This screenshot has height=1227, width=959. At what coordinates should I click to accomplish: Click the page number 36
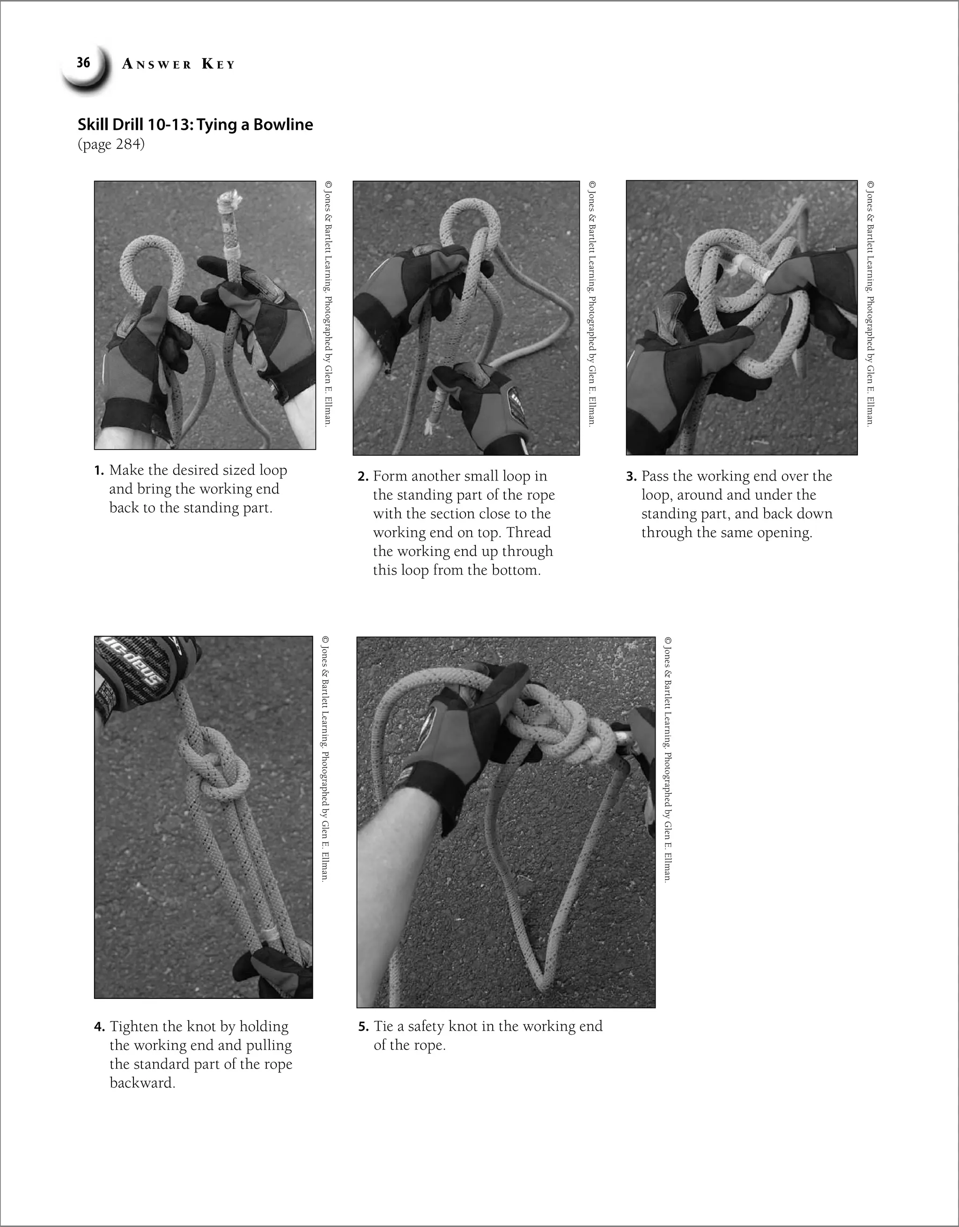(x=84, y=62)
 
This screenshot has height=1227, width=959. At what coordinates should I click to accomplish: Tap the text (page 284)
(x=111, y=144)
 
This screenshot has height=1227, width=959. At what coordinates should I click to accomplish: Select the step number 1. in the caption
(x=99, y=471)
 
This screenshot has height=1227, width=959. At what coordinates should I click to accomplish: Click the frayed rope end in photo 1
(x=228, y=200)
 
